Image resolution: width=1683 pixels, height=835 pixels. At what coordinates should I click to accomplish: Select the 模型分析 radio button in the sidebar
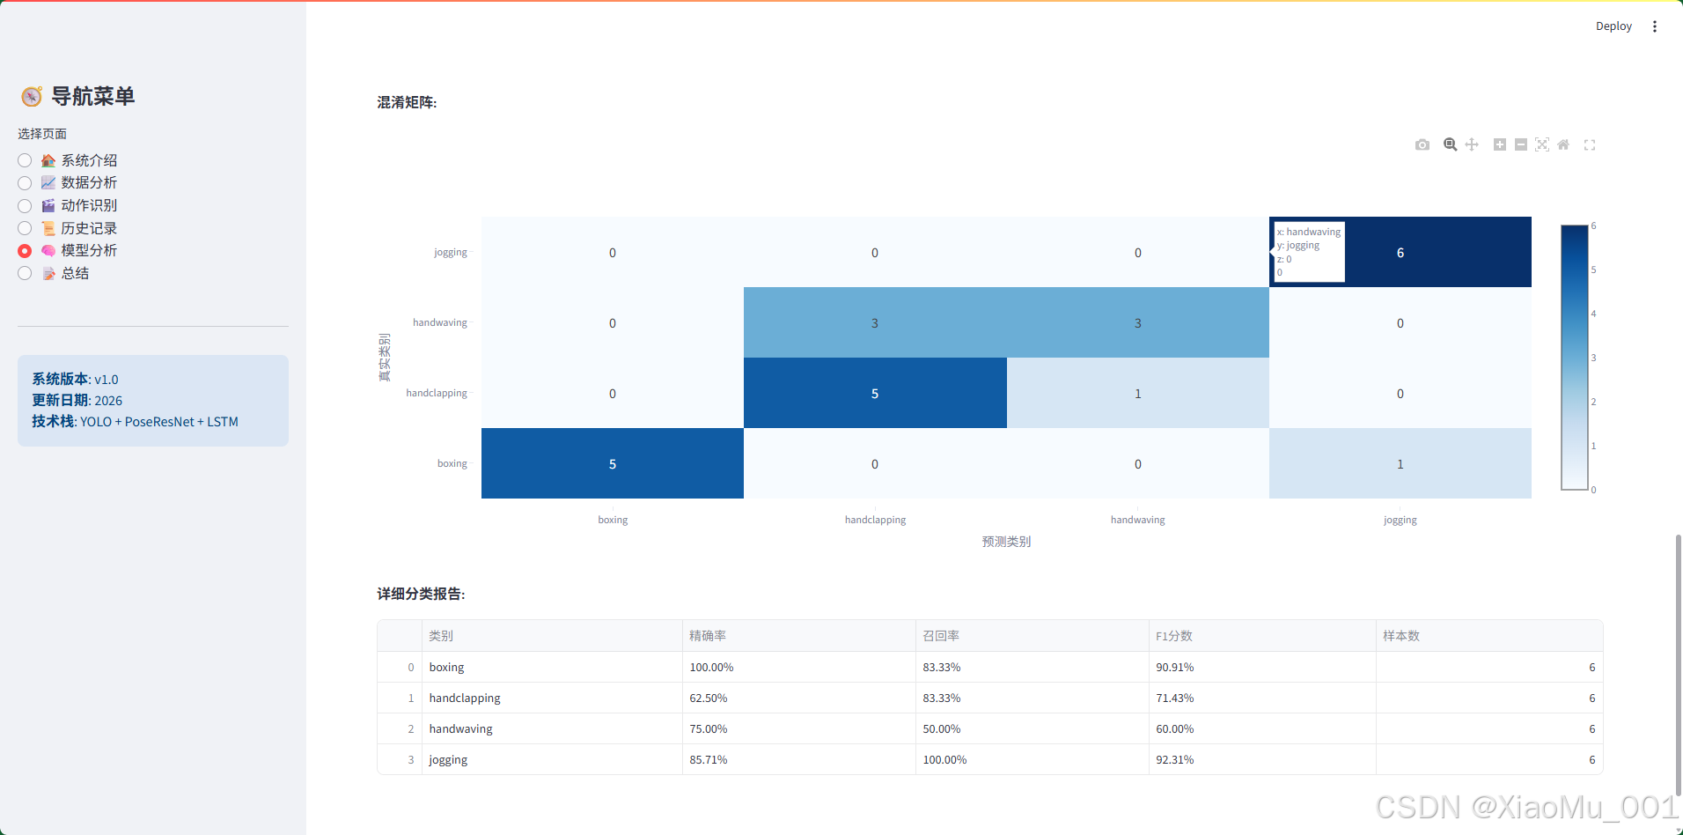(25, 251)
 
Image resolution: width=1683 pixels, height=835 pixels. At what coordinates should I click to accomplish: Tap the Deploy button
(1613, 26)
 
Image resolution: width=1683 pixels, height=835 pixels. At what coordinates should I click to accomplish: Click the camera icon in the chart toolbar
(1422, 144)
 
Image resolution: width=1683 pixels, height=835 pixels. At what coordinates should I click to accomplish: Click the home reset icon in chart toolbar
(1563, 144)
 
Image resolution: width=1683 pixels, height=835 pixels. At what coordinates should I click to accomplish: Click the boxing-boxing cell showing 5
(613, 463)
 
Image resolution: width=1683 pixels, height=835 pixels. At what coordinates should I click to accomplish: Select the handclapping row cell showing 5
(875, 393)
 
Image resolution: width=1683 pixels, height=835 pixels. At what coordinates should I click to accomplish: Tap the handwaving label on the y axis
(440, 322)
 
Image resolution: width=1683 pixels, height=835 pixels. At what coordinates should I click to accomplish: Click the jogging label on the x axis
(1400, 520)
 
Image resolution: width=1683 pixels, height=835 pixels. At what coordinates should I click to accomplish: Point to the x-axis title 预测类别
(1006, 542)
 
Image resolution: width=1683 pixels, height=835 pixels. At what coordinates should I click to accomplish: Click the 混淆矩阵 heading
(407, 102)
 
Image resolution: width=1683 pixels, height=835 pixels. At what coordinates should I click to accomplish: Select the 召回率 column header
(941, 636)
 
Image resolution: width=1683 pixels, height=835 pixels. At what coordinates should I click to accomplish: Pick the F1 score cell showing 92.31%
(1175, 759)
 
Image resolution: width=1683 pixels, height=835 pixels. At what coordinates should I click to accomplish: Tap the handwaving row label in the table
(461, 728)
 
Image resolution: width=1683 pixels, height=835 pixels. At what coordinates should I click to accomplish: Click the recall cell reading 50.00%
(942, 728)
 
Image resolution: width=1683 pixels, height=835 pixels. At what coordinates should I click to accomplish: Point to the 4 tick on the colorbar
(1593, 314)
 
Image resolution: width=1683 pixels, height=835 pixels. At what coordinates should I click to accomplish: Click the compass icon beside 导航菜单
(32, 96)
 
